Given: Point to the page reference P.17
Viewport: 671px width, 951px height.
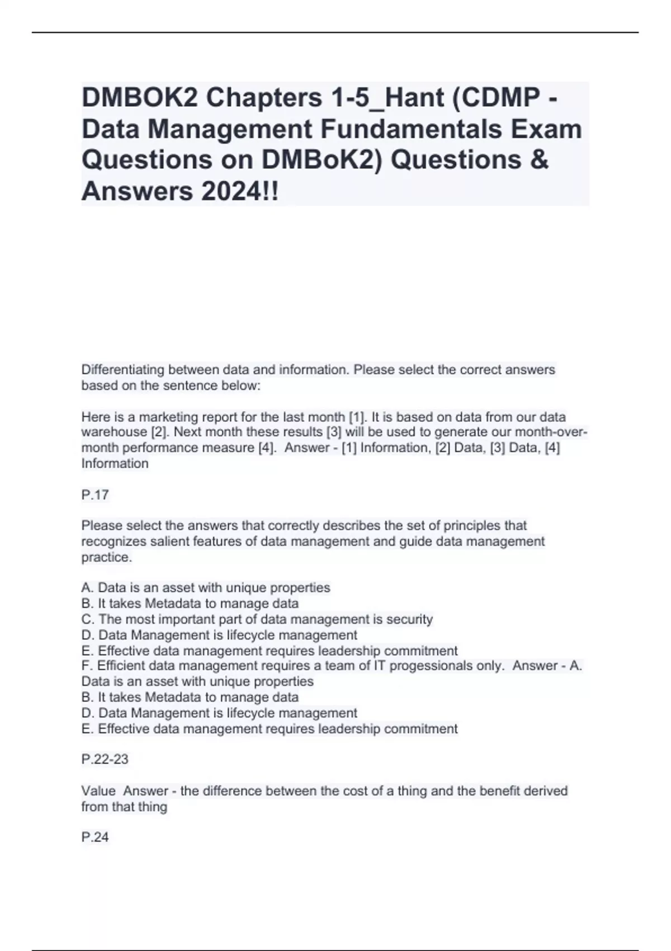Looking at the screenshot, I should pyautogui.click(x=95, y=495).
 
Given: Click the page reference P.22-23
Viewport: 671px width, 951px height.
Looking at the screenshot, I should pyautogui.click(x=105, y=759).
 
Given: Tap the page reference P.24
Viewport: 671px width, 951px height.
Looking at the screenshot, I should pyautogui.click(x=95, y=837).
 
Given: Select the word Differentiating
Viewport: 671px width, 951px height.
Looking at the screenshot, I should pyautogui.click(x=123, y=370).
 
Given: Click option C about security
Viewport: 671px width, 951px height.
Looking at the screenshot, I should pyautogui.click(x=257, y=619).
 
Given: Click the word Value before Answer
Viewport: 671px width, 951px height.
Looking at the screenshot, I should pyautogui.click(x=98, y=791).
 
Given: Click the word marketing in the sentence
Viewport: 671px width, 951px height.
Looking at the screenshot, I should pyautogui.click(x=166, y=417).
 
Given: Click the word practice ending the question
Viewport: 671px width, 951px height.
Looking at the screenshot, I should pyautogui.click(x=107, y=557).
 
